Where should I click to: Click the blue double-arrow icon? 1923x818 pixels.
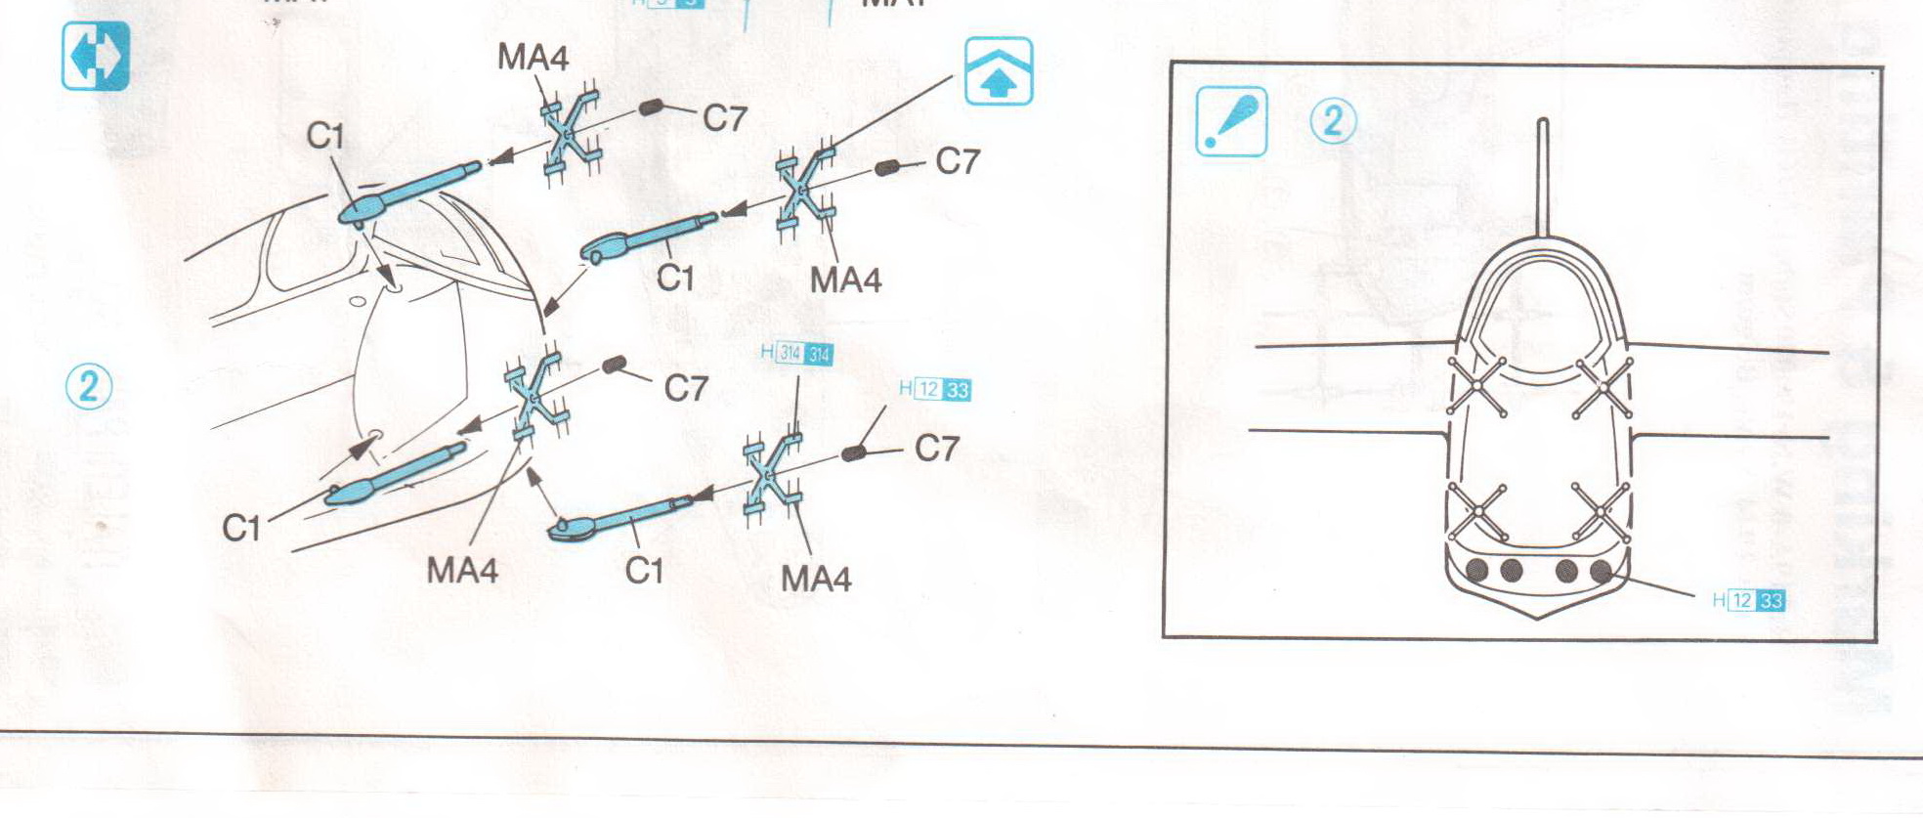tap(95, 57)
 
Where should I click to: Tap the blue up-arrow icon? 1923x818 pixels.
tap(998, 71)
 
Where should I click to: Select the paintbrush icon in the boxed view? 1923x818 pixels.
tap(1231, 121)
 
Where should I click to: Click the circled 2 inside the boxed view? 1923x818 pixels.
tap(1333, 122)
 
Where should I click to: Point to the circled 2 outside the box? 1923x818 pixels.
tap(89, 386)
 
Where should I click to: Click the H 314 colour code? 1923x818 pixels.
tap(796, 354)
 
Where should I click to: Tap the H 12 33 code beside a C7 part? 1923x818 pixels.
tap(935, 390)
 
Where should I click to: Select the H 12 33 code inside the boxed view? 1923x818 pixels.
tap(1749, 600)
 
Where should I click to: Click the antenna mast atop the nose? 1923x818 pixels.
tap(1542, 176)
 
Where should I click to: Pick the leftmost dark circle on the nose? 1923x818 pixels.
tap(1476, 570)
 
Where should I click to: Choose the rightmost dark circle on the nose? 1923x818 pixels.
tap(1601, 572)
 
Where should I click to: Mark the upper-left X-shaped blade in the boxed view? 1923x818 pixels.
tap(1476, 387)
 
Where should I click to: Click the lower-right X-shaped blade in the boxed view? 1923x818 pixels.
tap(1602, 511)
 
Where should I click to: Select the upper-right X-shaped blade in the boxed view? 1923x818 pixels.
tap(1603, 388)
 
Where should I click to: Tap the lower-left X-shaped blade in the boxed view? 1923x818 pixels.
tap(1478, 511)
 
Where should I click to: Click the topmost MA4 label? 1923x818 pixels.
tap(533, 58)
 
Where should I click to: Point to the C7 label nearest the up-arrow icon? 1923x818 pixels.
tap(957, 161)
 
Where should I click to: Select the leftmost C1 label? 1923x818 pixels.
tap(241, 529)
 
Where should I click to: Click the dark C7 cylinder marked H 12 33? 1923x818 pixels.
tap(854, 453)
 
